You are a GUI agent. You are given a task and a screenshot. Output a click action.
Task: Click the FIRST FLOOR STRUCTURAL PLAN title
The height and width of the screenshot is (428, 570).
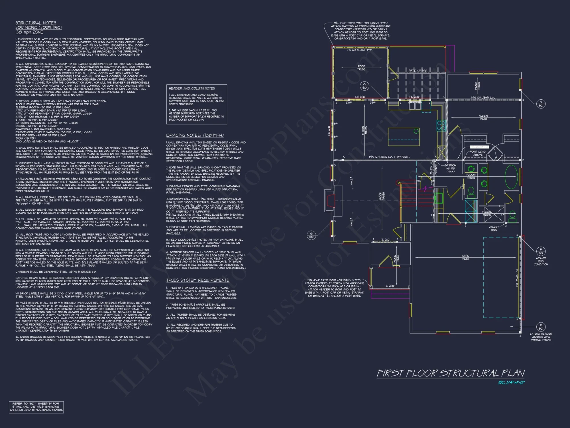[451, 373]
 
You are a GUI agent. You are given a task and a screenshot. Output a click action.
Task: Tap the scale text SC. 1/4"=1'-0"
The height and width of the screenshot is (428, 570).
[511, 383]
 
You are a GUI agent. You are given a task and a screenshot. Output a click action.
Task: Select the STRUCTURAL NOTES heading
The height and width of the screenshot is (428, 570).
[36, 23]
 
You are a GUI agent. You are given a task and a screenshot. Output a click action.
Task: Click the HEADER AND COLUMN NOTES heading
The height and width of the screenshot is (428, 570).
[192, 88]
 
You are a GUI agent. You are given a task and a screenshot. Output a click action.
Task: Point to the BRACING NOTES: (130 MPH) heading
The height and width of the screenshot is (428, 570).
[195, 135]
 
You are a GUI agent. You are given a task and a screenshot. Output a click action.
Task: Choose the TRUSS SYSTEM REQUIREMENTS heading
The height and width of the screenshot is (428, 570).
[198, 280]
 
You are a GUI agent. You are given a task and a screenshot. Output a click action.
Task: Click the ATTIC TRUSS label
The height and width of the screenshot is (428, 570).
[465, 257]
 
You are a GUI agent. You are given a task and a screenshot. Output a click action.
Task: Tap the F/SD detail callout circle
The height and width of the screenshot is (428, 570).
[541, 251]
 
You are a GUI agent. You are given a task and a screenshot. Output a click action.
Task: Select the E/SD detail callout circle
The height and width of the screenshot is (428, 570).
[541, 327]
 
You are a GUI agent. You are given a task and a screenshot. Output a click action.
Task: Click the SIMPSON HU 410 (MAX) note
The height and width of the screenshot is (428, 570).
[451, 168]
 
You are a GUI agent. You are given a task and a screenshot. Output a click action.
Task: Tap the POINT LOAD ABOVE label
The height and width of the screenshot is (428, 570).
[478, 153]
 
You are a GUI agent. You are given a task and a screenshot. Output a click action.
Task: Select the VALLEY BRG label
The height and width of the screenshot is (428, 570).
[494, 228]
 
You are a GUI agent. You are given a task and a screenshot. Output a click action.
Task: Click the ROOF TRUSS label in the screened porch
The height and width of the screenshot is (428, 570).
[361, 68]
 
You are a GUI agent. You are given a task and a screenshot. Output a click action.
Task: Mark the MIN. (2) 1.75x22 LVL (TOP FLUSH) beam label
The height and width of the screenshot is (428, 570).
[390, 157]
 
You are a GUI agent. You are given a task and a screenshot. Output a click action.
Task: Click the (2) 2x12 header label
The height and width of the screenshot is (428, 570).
[385, 240]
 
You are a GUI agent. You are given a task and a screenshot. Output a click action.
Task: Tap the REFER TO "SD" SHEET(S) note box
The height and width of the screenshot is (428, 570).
[36, 407]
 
